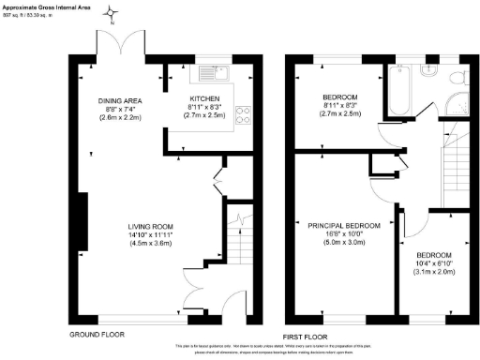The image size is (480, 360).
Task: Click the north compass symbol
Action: tap(112, 14)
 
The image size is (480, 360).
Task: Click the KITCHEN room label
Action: tap(205, 98)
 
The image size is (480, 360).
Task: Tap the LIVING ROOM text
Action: tap(151, 226)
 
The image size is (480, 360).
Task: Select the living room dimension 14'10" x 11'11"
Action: tap(151, 234)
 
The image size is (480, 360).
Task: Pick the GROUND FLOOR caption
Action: tap(97, 334)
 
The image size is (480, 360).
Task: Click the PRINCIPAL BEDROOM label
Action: tap(344, 226)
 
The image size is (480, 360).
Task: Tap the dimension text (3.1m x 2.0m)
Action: tap(434, 273)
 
